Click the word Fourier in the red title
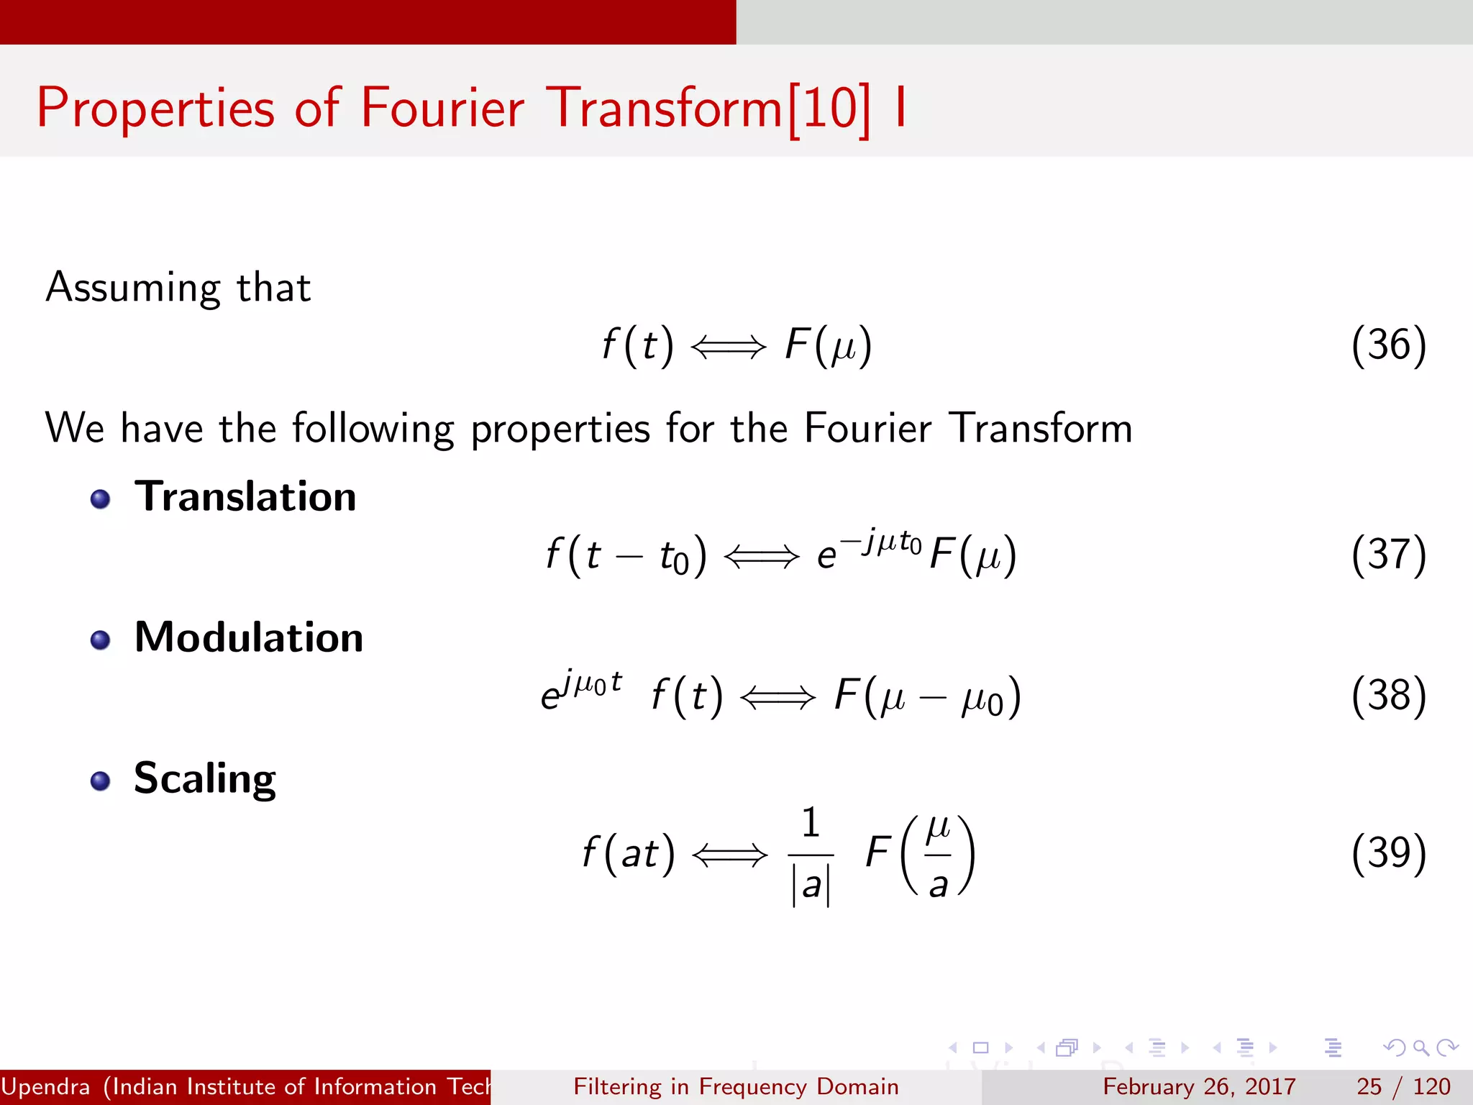(x=442, y=108)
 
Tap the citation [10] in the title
(x=829, y=109)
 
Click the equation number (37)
(x=1388, y=555)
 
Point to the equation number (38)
(x=1388, y=696)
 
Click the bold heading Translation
(x=245, y=496)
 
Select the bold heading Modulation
(x=249, y=637)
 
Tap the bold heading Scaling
(x=205, y=778)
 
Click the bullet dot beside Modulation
(x=101, y=640)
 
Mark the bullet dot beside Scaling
(x=101, y=781)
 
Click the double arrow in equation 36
(x=728, y=347)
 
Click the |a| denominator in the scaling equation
(x=811, y=885)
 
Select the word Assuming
(x=132, y=288)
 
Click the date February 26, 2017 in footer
(x=1199, y=1086)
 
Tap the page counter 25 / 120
(x=1403, y=1086)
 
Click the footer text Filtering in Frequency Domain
(x=736, y=1086)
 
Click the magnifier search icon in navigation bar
(x=1420, y=1047)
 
